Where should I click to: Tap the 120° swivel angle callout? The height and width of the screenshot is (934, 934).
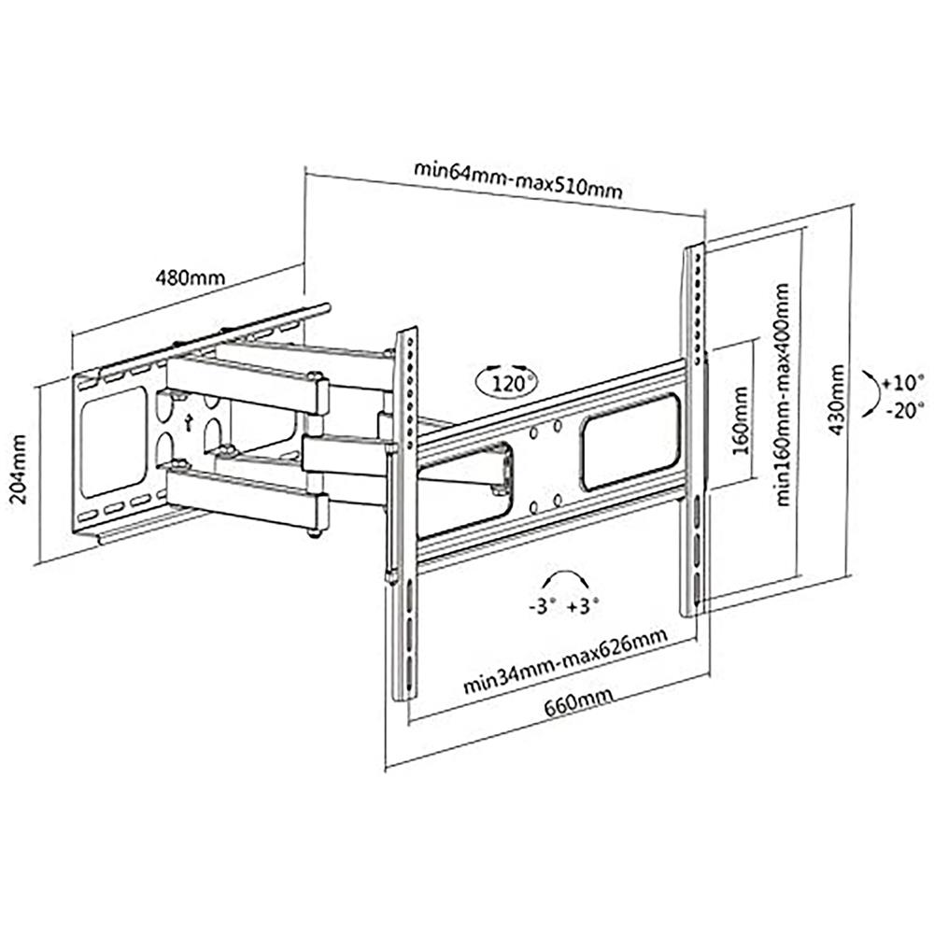click(507, 380)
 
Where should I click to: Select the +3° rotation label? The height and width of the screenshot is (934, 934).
click(582, 605)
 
